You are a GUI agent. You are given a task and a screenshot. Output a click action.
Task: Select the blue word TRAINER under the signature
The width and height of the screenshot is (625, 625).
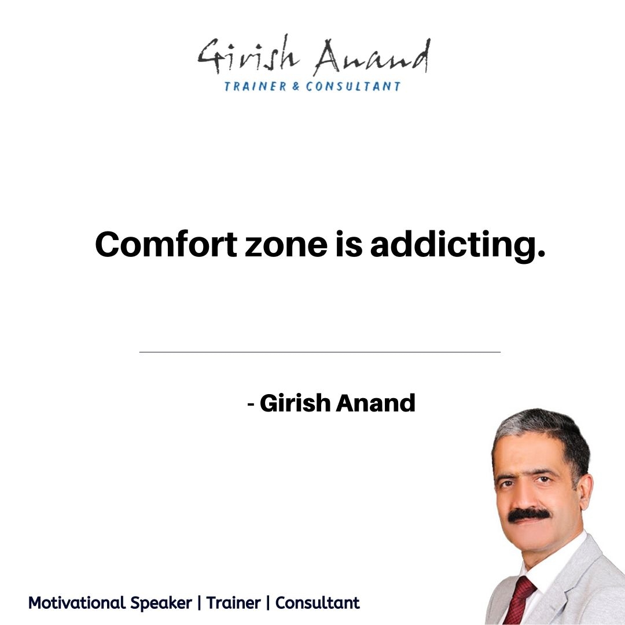[255, 86]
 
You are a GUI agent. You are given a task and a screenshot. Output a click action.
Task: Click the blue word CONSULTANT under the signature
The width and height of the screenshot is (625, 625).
[353, 86]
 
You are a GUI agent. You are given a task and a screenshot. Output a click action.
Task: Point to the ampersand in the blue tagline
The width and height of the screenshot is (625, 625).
[296, 86]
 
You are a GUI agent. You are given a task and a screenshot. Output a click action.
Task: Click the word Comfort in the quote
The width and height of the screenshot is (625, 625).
[166, 244]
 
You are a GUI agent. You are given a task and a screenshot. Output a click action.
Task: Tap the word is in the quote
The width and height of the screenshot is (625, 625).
[349, 244]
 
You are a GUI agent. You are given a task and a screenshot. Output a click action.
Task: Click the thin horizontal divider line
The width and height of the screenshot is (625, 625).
[319, 352]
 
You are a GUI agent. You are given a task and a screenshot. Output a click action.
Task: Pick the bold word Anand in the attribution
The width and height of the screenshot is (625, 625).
[375, 403]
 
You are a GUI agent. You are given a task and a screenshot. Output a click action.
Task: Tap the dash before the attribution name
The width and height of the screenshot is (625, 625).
[251, 404]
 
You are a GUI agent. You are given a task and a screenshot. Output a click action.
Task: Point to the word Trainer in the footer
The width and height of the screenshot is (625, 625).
[233, 602]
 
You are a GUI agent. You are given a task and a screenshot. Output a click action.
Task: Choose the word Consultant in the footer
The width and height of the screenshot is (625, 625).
[317, 602]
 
